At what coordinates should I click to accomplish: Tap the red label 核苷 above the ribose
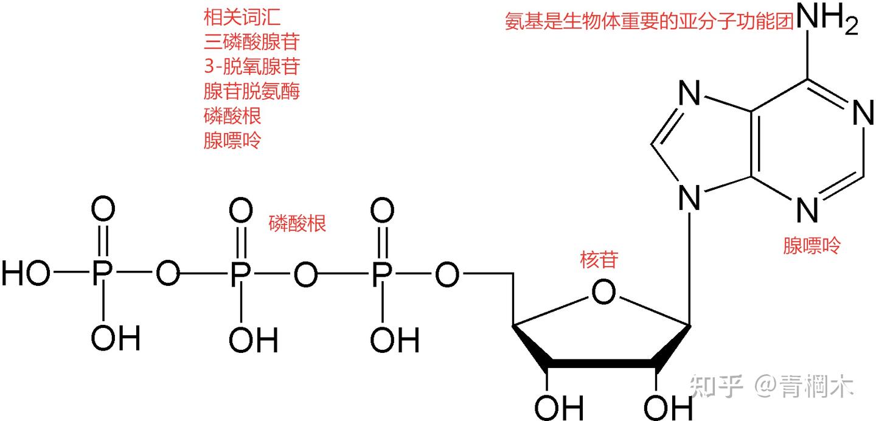(x=599, y=260)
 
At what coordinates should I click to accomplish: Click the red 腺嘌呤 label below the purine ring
(x=811, y=246)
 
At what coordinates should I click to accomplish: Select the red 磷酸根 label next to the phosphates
(x=297, y=224)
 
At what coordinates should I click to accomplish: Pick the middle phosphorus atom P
(x=241, y=275)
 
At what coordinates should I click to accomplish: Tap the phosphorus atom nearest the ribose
(x=381, y=275)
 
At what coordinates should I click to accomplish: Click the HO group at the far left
(x=26, y=275)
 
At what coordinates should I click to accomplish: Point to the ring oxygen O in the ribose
(x=603, y=293)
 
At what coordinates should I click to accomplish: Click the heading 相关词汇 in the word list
(x=233, y=18)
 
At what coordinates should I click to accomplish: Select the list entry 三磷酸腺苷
(x=251, y=42)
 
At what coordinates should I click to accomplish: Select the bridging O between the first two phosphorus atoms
(x=169, y=275)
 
